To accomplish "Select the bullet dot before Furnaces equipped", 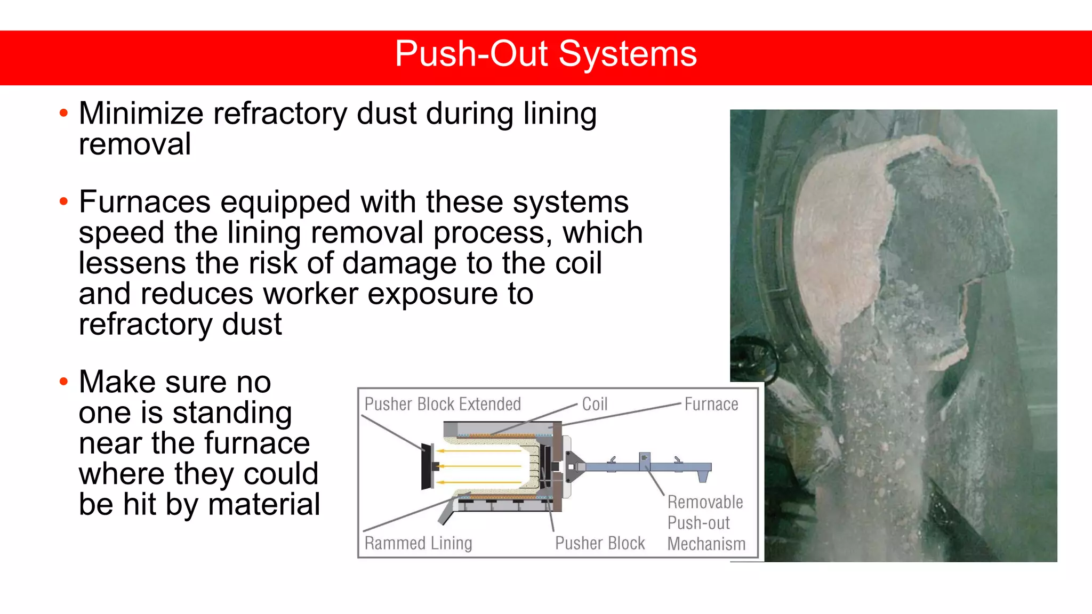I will pyautogui.click(x=64, y=201).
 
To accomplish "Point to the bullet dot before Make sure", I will pyautogui.click(x=64, y=382).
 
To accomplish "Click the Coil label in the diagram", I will pyautogui.click(x=595, y=404).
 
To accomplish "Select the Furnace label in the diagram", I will pyautogui.click(x=711, y=404).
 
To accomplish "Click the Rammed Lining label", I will pyautogui.click(x=418, y=543).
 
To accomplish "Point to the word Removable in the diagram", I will pyautogui.click(x=705, y=502).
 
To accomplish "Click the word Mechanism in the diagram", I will pyautogui.click(x=706, y=544).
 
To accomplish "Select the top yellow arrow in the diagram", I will pyautogui.click(x=480, y=451).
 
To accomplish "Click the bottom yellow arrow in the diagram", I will pyautogui.click(x=480, y=483).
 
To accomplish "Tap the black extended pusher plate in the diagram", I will pyautogui.click(x=426, y=466).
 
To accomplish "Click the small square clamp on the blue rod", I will pyautogui.click(x=645, y=458).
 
